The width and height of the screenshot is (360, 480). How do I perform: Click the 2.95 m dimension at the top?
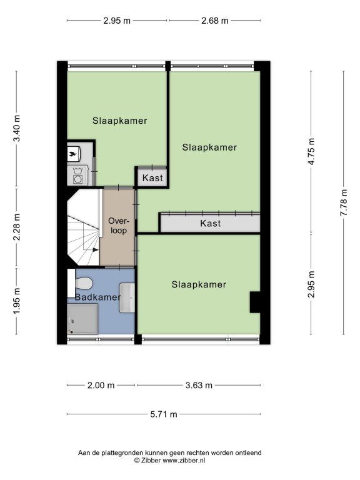117,21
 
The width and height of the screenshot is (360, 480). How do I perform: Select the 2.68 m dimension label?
215,21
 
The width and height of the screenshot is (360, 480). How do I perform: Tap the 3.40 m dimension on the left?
17,128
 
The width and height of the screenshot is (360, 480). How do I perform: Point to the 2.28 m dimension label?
17,227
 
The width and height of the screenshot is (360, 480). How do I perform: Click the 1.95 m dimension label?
17,300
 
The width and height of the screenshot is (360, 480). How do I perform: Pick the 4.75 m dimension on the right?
311,151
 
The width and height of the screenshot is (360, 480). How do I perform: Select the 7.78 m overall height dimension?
344,202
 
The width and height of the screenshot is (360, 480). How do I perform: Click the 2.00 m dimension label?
101,385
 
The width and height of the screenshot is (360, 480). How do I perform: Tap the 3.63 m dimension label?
199,385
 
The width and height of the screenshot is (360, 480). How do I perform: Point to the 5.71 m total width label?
164,414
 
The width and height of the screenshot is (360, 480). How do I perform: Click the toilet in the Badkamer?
83,283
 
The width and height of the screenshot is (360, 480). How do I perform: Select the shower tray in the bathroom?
82,319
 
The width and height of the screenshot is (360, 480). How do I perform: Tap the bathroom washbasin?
127,298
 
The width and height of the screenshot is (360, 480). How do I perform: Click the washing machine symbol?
77,176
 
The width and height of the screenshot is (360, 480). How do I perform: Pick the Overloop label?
119,226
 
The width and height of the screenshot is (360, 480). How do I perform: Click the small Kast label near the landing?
152,178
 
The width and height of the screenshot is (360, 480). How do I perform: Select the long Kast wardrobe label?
210,223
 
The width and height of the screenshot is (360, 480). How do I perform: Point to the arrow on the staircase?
95,250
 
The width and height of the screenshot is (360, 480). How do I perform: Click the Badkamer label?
98,297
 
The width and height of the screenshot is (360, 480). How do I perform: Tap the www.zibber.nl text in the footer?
184,461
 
